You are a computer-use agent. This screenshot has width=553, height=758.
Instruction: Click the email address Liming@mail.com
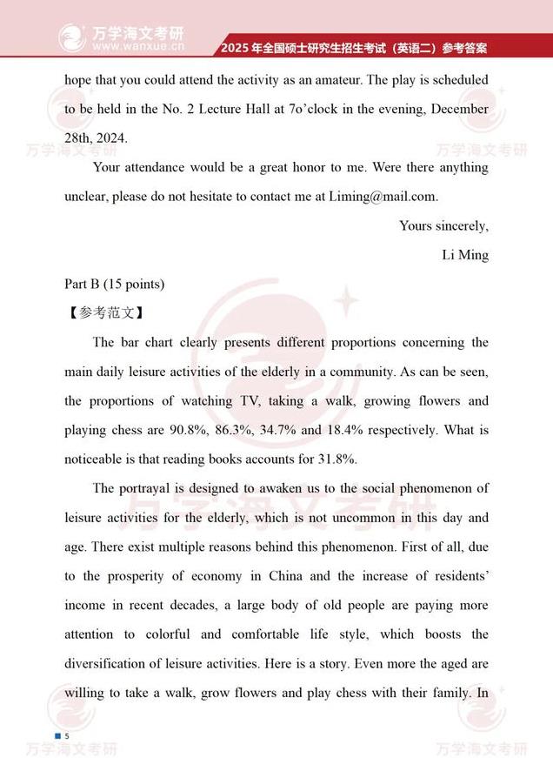click(x=383, y=197)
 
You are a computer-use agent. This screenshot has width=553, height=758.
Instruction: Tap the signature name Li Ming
click(x=465, y=255)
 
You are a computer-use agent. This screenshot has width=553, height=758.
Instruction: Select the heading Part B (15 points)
click(x=115, y=284)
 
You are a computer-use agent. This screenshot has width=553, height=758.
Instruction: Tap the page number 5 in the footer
click(x=67, y=736)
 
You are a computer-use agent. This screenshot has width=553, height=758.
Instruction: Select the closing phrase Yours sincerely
click(x=443, y=226)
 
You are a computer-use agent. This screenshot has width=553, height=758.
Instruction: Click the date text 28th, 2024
click(x=96, y=138)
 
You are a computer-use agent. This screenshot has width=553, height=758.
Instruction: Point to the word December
click(x=459, y=109)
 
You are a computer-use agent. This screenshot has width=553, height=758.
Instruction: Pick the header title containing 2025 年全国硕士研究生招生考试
click(x=353, y=47)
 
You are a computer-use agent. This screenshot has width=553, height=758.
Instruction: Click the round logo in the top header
click(x=72, y=37)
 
